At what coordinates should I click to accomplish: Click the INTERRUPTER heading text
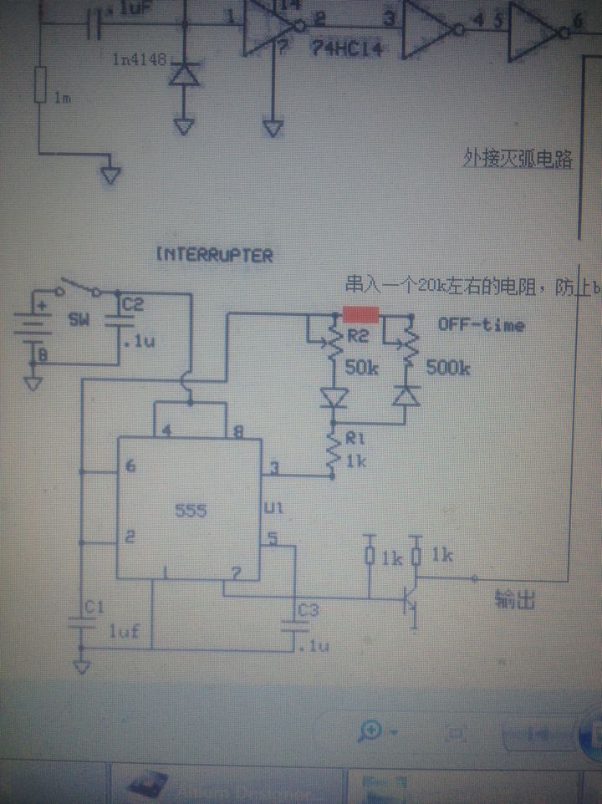pos(215,255)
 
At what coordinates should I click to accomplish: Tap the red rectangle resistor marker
pos(360,314)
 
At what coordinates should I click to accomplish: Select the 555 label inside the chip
pos(191,510)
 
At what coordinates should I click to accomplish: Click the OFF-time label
pos(482,324)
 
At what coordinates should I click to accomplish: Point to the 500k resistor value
pos(447,367)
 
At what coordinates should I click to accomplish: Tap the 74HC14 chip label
pos(346,49)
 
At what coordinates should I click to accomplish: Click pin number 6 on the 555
pos(130,466)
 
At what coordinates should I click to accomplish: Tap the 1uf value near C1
pos(122,632)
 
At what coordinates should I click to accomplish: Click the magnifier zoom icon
pos(370,732)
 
